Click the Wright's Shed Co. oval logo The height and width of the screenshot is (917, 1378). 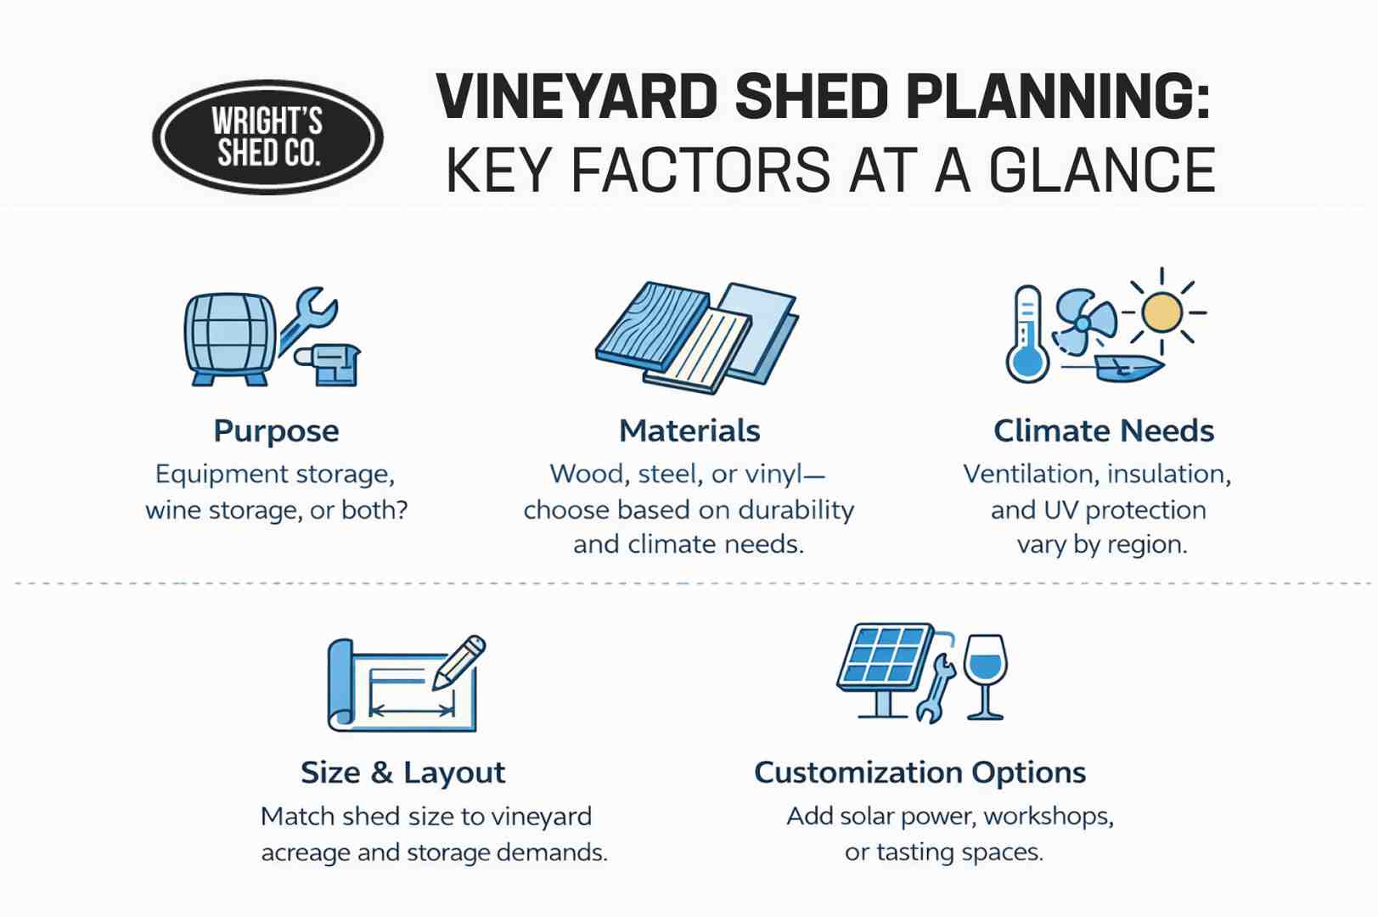coord(267,138)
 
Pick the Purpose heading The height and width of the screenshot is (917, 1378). coord(276,431)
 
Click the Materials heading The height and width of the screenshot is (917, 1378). coord(689,431)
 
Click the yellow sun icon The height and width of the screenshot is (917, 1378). coord(1161,312)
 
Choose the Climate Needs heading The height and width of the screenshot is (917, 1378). coord(1103,431)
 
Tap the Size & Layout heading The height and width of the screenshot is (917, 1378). coord(402,773)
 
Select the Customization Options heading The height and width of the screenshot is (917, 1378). coord(920,773)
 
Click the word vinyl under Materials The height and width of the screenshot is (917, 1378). coord(772,475)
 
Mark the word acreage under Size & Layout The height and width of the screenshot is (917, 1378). coord(306,852)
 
